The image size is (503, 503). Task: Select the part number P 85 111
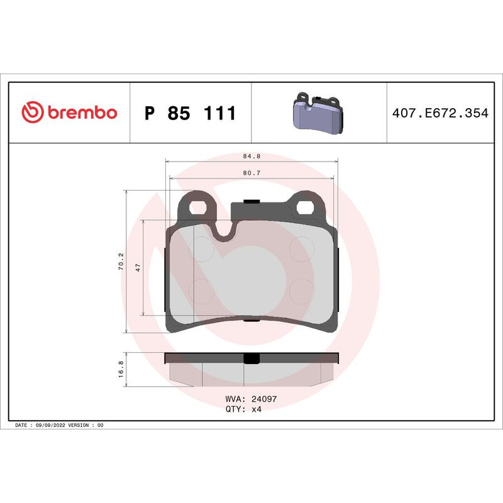click(190, 114)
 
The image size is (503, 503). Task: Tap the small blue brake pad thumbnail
click(319, 113)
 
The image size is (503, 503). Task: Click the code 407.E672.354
click(439, 114)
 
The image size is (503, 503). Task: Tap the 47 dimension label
click(137, 267)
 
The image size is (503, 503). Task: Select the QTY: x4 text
click(243, 409)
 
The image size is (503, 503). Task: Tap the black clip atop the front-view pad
click(251, 202)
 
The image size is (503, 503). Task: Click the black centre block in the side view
click(251, 358)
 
